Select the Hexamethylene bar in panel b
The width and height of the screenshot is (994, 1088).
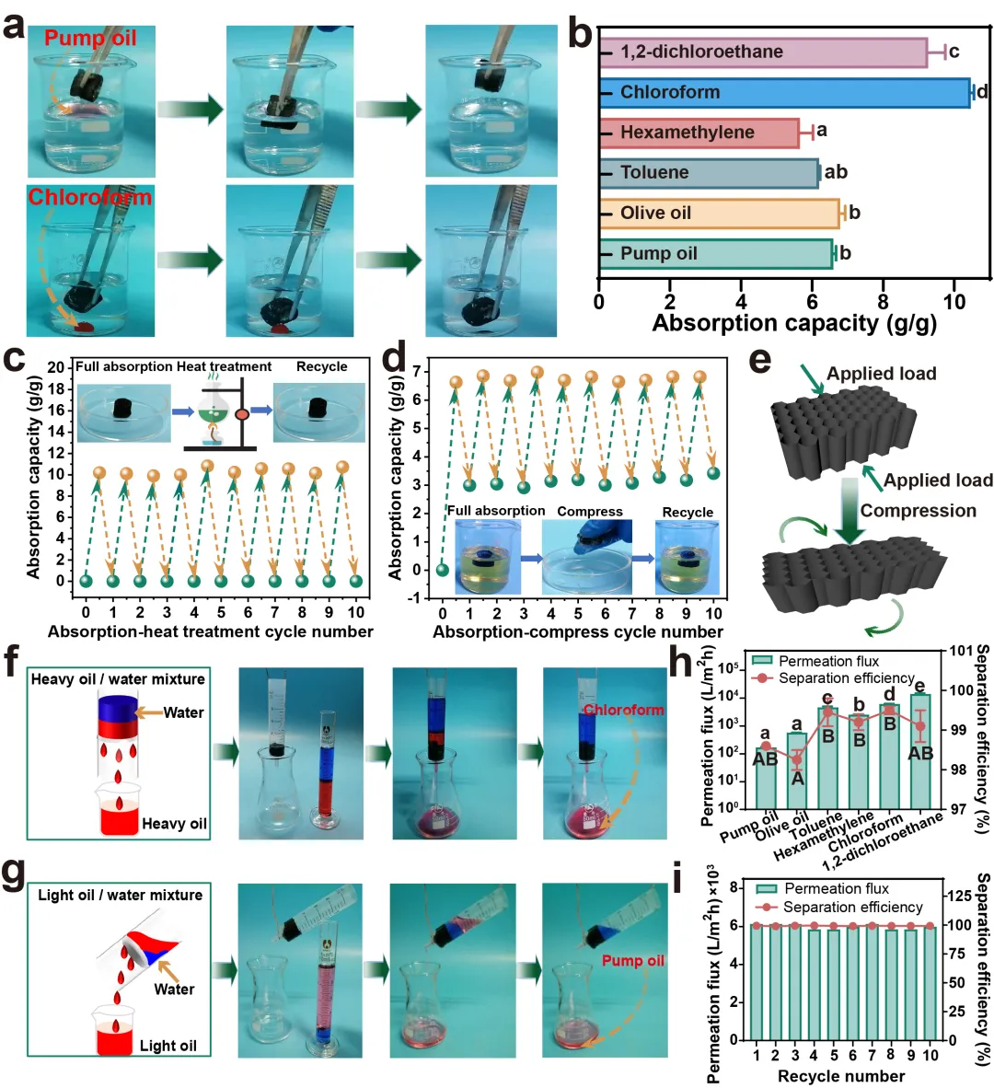click(x=699, y=133)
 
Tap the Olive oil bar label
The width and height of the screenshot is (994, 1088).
click(x=655, y=213)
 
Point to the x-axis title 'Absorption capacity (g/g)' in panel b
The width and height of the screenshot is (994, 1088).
click(x=794, y=323)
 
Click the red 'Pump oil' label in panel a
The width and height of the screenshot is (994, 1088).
click(x=90, y=38)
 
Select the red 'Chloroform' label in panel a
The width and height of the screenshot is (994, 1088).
click(x=89, y=197)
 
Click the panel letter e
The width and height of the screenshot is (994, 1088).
click(x=759, y=361)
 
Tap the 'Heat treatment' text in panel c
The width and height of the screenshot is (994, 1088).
click(x=224, y=366)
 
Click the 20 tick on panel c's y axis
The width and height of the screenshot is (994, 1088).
click(x=56, y=367)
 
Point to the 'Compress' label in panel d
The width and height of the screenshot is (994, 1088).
click(x=590, y=511)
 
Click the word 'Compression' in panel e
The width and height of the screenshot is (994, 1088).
click(x=918, y=511)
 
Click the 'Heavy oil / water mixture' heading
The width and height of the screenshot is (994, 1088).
click(x=118, y=679)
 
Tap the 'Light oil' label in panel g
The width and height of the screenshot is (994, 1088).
click(x=168, y=1046)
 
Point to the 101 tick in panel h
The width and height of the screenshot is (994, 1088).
click(x=961, y=651)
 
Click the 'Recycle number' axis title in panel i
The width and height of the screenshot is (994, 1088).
click(x=841, y=1076)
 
